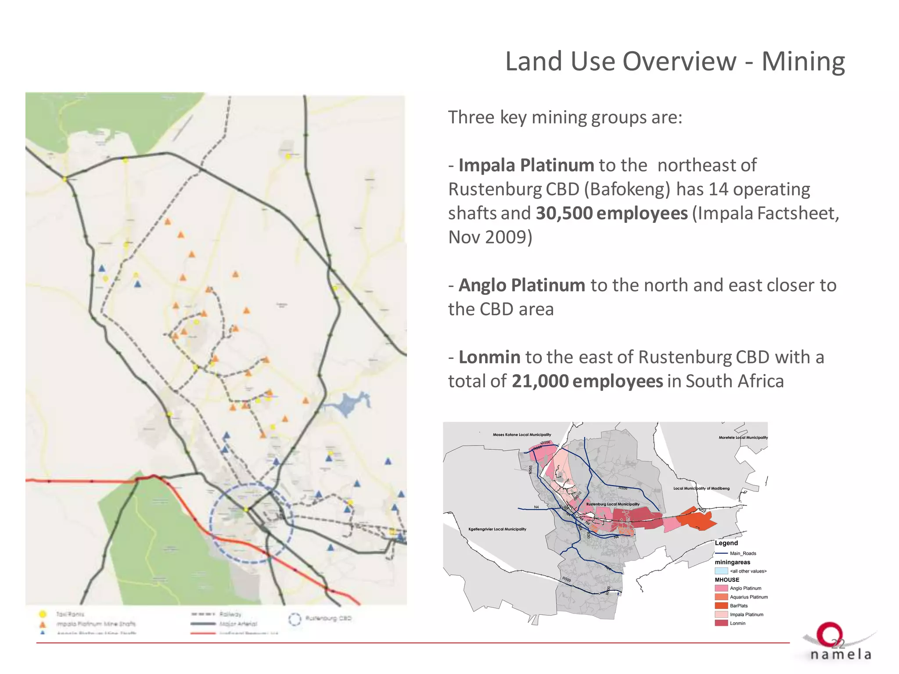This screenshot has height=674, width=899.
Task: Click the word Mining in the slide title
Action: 803,61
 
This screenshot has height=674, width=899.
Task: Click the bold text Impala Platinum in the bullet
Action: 526,165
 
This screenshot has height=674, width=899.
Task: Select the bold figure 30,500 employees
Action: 611,213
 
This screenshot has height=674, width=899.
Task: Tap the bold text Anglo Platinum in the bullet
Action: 521,285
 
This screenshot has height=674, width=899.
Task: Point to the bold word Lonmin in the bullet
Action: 489,357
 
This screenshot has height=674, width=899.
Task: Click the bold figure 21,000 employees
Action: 587,381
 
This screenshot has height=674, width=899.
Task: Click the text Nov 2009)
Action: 490,237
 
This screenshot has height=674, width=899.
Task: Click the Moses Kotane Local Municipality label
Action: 521,435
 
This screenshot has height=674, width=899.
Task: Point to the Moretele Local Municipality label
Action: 743,437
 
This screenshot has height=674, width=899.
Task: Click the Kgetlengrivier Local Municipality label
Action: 497,529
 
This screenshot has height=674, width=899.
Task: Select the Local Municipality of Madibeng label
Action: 701,488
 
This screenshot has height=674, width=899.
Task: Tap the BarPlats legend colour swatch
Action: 721,606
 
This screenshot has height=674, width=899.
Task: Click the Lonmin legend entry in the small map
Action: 737,623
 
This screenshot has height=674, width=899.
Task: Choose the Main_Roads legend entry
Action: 742,553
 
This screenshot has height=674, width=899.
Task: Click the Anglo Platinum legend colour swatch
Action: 721,588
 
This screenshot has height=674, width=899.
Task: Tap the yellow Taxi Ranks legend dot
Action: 43,614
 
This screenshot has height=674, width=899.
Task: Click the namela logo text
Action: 840,655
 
